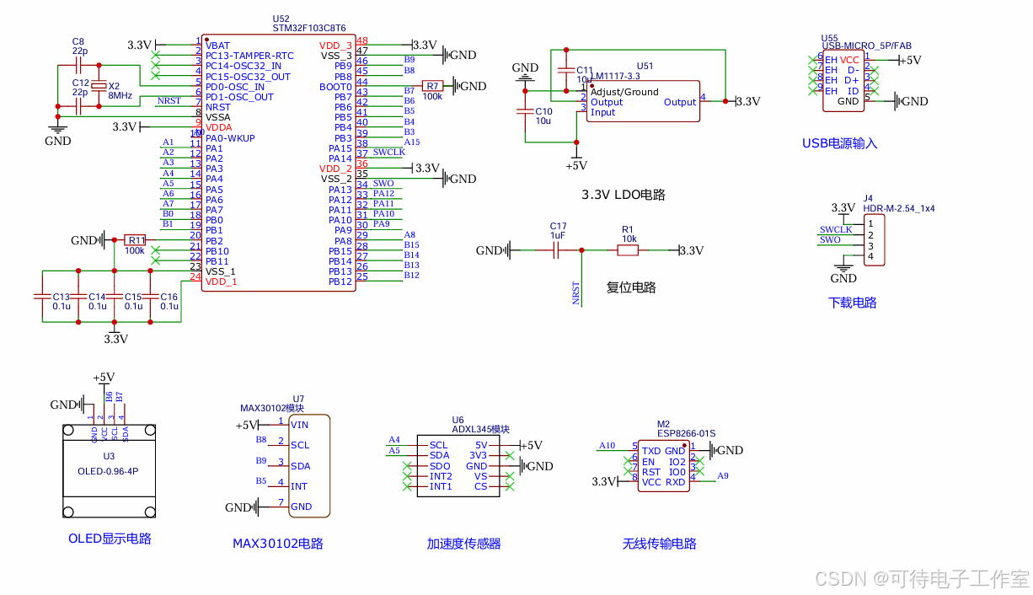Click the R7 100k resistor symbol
[x=432, y=86]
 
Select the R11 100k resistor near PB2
[x=135, y=240]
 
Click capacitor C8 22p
[x=79, y=64]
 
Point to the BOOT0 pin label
[x=335, y=87]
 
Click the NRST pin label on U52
[x=217, y=107]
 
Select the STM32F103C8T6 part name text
[x=308, y=28]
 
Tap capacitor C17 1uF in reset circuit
[x=557, y=250]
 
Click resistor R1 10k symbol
[x=628, y=250]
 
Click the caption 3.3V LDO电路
[x=623, y=195]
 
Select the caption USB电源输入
[x=839, y=143]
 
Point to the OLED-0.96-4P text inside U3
[x=108, y=470]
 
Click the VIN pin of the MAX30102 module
[x=299, y=425]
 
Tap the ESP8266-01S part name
[x=686, y=433]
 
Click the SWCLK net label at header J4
[x=835, y=229]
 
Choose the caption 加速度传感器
[x=463, y=544]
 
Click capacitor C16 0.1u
[x=151, y=297]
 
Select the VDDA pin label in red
[x=218, y=127]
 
